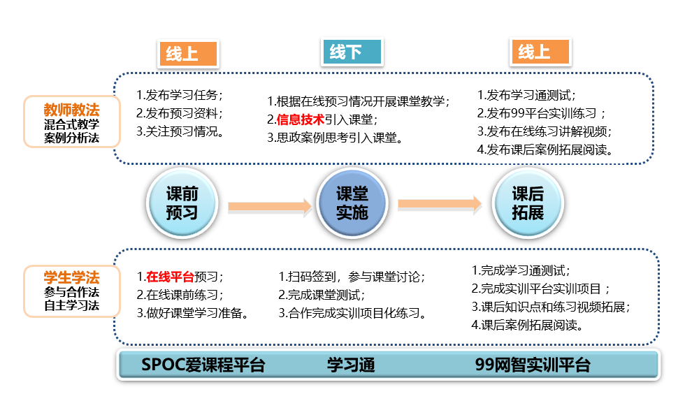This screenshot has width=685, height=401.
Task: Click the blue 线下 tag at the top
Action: [352, 52]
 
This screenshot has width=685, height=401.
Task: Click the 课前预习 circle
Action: [182, 203]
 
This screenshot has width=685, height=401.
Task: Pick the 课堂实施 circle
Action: [352, 203]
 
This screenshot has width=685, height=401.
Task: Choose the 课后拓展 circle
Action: [528, 203]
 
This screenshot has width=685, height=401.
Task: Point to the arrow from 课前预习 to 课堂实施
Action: [270, 205]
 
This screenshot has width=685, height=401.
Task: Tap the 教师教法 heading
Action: [71, 110]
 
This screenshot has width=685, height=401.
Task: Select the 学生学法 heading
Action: [71, 277]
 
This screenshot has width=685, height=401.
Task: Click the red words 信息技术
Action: [301, 119]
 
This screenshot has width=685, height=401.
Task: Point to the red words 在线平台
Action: [170, 276]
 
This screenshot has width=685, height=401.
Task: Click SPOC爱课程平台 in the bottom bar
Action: [203, 365]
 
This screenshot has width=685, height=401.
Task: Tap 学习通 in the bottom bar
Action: [351, 365]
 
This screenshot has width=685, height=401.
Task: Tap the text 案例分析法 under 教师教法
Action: [71, 138]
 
